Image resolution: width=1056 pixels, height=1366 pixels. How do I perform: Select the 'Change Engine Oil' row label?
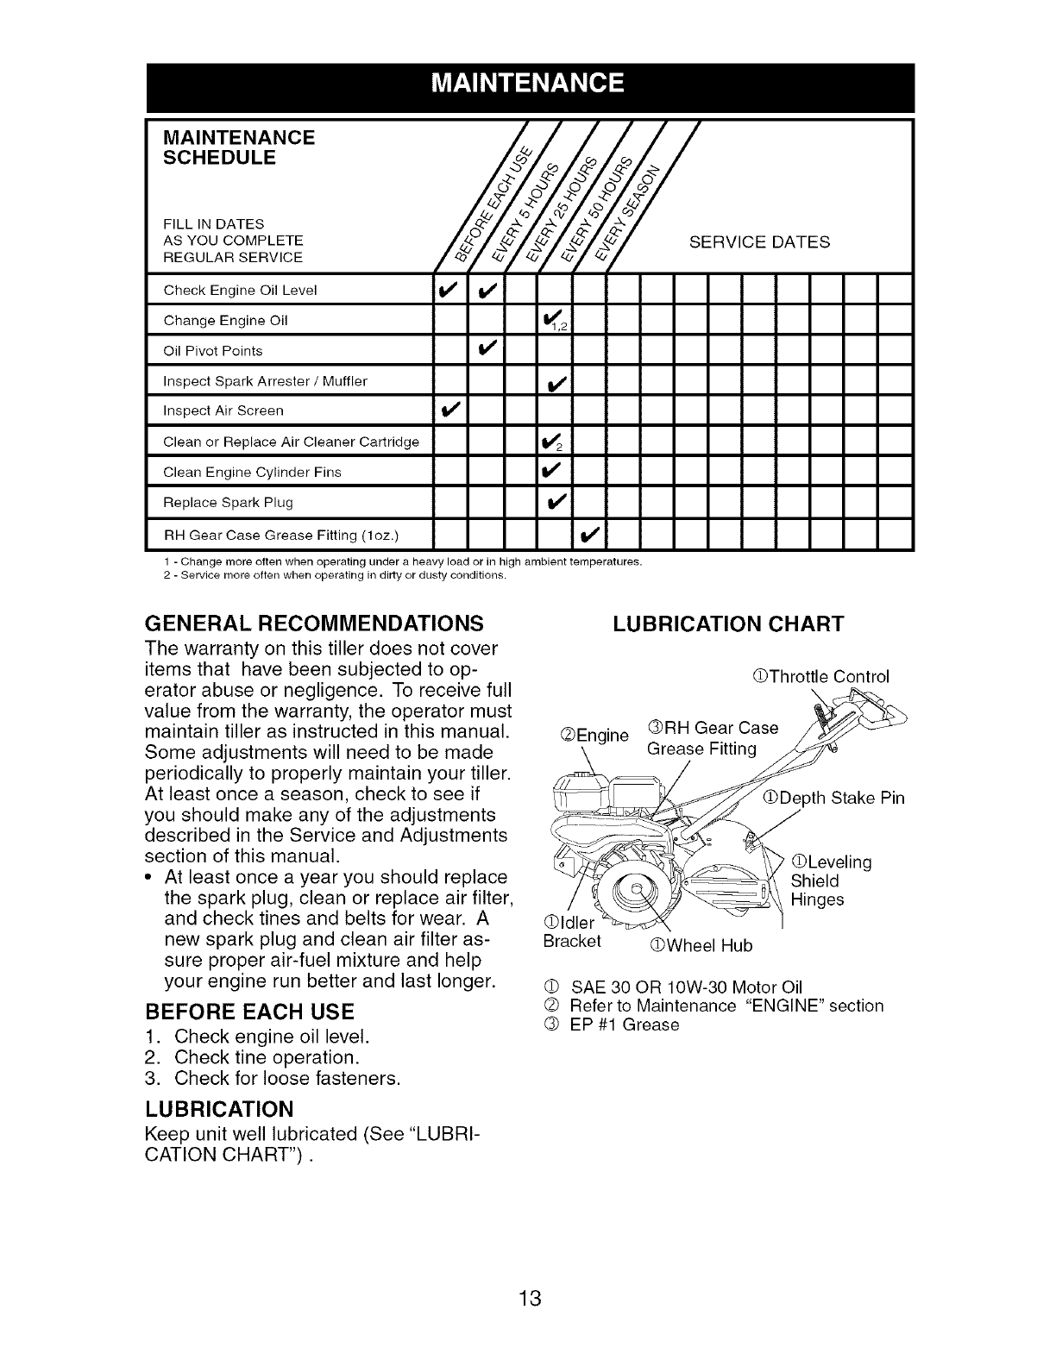pyautogui.click(x=225, y=321)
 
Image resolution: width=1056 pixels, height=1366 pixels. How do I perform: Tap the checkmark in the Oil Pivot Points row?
pyautogui.click(x=486, y=350)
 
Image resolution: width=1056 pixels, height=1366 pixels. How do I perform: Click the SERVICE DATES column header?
pyautogui.click(x=759, y=242)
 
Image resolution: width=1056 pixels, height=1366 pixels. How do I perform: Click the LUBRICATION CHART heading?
pyautogui.click(x=727, y=623)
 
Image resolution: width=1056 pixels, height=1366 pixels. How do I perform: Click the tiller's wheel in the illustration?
pyautogui.click(x=640, y=893)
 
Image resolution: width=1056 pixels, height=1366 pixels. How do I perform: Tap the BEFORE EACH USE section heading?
pyautogui.click(x=250, y=1012)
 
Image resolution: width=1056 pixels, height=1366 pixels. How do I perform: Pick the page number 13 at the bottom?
pyautogui.click(x=529, y=1297)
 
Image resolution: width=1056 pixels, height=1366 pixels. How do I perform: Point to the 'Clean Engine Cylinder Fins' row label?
pyautogui.click(x=252, y=472)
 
